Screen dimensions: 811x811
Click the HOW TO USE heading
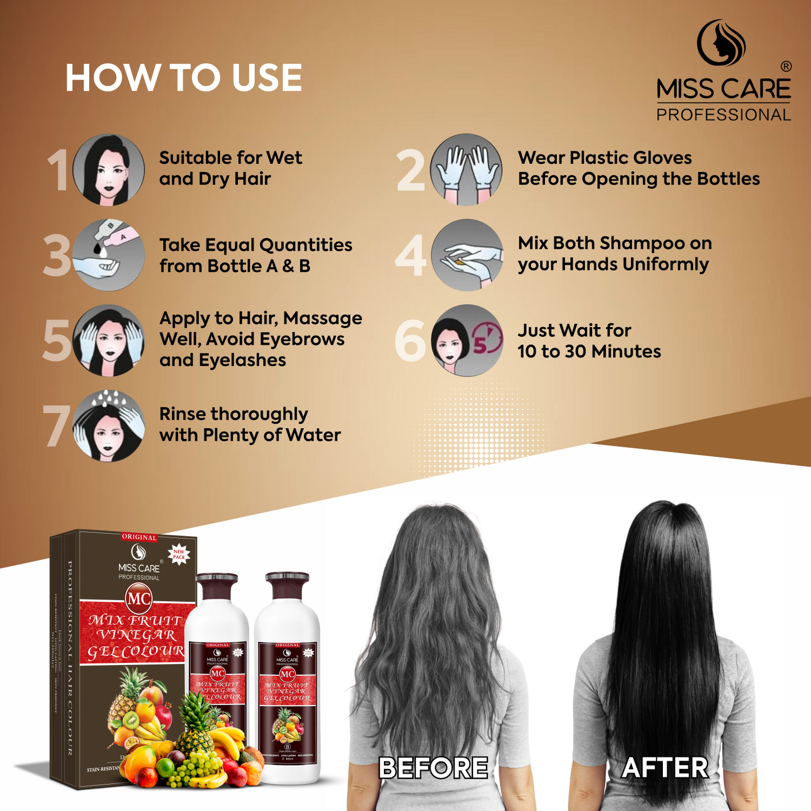(184, 77)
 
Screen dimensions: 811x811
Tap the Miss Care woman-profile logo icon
(721, 43)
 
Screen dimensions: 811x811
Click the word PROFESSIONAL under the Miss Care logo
(723, 114)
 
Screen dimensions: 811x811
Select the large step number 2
(411, 171)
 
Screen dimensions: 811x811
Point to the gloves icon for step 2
(466, 169)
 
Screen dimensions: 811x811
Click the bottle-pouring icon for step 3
(108, 255)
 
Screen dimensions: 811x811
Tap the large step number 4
(411, 256)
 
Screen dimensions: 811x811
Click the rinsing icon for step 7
(108, 426)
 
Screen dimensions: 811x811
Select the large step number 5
(57, 341)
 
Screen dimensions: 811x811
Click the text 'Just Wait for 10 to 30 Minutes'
(589, 341)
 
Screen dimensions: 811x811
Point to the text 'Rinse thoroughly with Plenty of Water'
(250, 424)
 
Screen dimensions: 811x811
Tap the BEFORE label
(433, 767)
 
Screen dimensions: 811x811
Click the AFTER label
(665, 767)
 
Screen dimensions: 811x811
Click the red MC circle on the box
(139, 599)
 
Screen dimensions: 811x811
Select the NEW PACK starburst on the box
(179, 555)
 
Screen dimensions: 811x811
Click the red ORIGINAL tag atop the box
(139, 537)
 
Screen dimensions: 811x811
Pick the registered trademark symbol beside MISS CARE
(786, 66)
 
